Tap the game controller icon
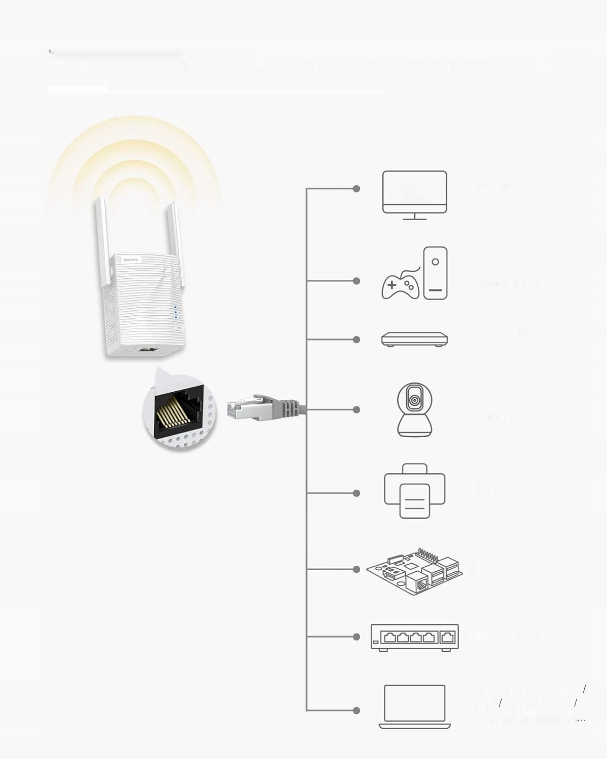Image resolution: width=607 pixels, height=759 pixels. tap(400, 284)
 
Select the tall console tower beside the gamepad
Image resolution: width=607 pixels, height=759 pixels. tap(435, 273)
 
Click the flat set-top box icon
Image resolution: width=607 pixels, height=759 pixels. tap(415, 339)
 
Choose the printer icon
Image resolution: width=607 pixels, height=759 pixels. tap(415, 491)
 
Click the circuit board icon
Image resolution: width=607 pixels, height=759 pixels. tap(415, 570)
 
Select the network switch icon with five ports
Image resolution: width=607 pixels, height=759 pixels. tap(415, 637)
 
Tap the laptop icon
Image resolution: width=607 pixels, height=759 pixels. tap(415, 706)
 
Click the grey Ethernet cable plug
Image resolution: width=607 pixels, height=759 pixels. tap(266, 407)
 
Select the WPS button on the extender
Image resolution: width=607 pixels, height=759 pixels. tap(178, 327)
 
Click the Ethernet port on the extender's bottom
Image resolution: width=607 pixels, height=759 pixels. tap(147, 350)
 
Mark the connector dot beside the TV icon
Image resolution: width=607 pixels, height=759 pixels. tap(357, 189)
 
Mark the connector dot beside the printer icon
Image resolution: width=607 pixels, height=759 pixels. tap(357, 493)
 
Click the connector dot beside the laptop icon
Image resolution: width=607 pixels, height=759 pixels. tap(357, 710)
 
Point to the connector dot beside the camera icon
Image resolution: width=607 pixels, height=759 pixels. tap(357, 409)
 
